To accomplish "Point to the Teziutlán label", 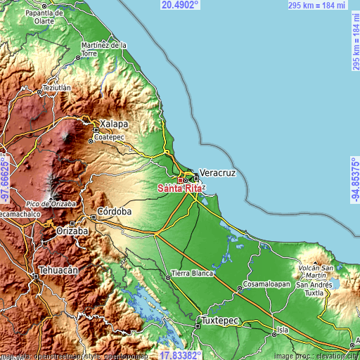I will (x=58, y=88).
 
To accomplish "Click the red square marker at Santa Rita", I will (x=179, y=180).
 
